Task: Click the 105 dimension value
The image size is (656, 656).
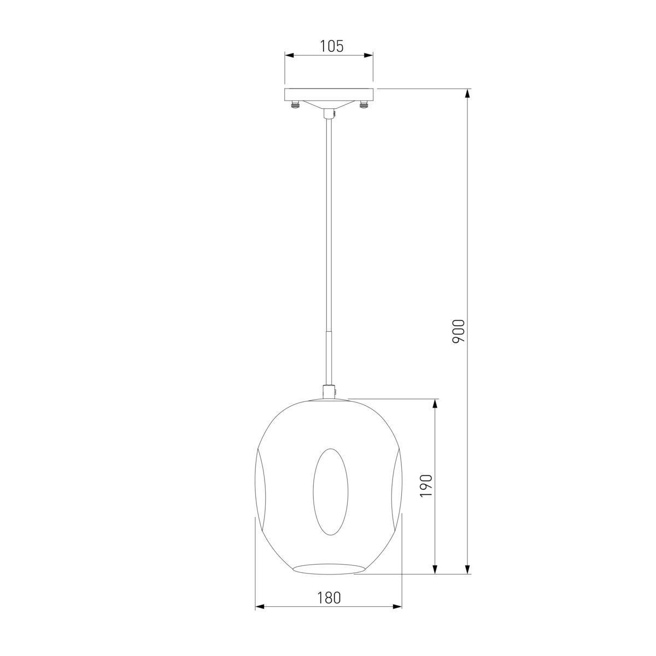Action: coord(332,46)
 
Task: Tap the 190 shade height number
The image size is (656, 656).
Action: coord(426,486)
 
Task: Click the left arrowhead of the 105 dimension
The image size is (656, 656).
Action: coord(289,55)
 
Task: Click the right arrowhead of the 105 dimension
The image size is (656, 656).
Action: coord(368,55)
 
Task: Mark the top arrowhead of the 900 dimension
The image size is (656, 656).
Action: coord(468,93)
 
